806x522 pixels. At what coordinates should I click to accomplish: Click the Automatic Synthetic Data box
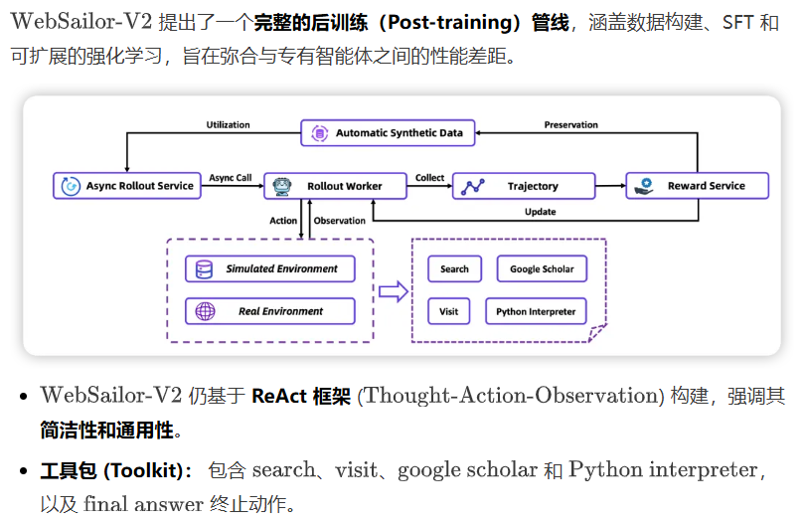[389, 132]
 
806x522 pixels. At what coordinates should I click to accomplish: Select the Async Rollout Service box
[126, 186]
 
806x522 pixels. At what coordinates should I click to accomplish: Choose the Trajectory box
[523, 186]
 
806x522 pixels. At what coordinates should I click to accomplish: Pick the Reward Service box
[699, 186]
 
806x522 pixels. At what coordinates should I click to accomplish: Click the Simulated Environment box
[269, 268]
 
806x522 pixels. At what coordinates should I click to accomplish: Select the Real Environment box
[269, 311]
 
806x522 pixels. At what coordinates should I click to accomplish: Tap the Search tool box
[454, 269]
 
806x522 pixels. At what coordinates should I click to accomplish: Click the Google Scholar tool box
[542, 269]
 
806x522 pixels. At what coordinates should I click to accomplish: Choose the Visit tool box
[449, 311]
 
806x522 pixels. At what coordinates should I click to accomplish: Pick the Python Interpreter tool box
[536, 311]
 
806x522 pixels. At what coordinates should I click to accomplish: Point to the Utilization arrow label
[229, 125]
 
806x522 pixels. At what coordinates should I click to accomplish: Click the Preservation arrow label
[570, 125]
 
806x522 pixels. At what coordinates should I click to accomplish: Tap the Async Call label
[231, 178]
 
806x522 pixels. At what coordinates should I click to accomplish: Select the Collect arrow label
[430, 178]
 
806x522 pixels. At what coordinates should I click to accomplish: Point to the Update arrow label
[540, 212]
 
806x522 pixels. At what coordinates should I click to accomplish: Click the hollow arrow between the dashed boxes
[395, 290]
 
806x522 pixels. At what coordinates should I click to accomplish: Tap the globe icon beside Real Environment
[206, 311]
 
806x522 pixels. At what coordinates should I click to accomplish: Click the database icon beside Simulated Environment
[206, 268]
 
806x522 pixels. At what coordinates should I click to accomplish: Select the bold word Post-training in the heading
[460, 22]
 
